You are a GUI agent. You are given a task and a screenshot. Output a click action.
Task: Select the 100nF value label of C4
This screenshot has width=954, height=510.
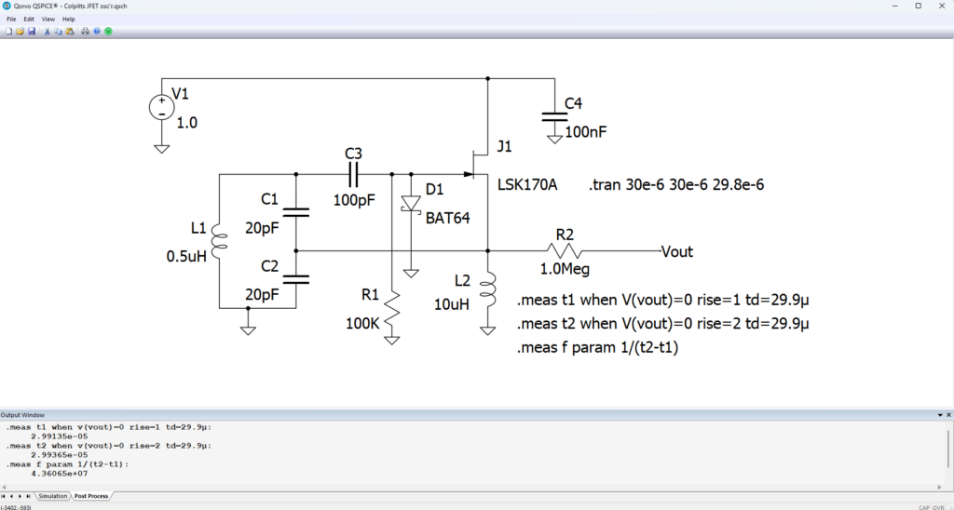coord(585,132)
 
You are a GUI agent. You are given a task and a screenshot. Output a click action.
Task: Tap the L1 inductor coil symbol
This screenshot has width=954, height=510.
coord(217,241)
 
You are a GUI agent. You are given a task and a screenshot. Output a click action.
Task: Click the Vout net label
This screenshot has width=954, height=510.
coord(676,251)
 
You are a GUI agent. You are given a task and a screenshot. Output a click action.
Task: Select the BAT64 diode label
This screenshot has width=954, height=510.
coord(447,219)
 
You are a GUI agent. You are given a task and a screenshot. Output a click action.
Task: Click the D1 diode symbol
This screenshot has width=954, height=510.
coord(409,204)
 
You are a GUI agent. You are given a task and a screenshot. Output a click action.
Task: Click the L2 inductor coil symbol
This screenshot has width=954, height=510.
coord(489,289)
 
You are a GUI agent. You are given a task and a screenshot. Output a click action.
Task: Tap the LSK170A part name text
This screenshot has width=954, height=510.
coord(527,185)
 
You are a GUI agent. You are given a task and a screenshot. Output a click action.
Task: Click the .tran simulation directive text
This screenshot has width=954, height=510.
coord(676,185)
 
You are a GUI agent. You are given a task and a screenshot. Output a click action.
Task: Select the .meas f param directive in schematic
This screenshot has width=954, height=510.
coord(596,349)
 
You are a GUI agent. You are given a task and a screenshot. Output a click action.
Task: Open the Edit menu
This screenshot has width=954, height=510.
coord(29,19)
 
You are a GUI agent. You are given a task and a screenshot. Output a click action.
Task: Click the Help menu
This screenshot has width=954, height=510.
coord(69,19)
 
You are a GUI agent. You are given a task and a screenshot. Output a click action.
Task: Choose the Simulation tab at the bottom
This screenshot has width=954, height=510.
coord(52,496)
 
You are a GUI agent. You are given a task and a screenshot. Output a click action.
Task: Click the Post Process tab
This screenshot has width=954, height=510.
coord(92,496)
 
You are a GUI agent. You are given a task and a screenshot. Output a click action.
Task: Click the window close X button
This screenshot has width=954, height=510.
coord(939,7)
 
